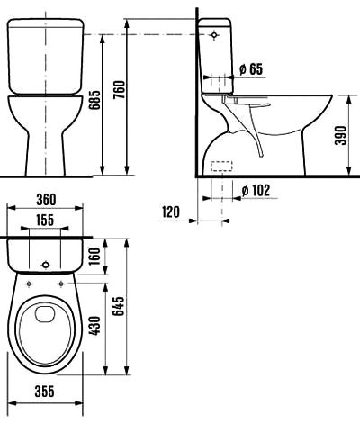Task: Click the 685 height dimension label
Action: coord(96,100)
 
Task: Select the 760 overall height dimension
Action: coord(120,90)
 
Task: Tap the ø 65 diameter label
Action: coord(251,69)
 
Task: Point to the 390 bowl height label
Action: coord(340,135)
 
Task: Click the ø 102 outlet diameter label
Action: coord(256,190)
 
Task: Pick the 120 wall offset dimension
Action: coord(171,212)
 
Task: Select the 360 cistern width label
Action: coord(46,200)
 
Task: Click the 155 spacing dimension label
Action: coord(45,220)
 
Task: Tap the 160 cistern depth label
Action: coord(94,257)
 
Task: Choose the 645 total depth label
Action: coord(119,306)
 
